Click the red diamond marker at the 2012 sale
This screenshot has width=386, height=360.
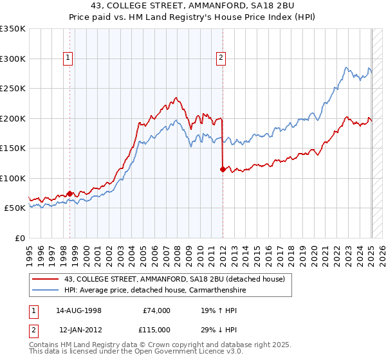click(x=223, y=169)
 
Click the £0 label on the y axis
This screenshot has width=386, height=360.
click(x=19, y=238)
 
